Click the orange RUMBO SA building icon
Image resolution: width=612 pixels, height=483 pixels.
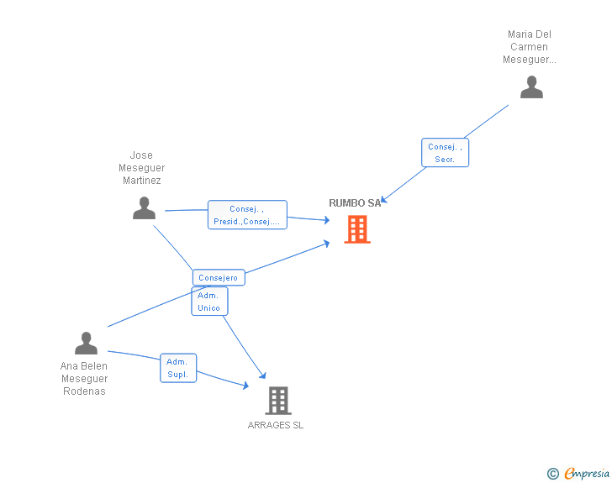tap(357, 229)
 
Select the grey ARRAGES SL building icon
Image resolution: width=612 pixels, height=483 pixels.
tap(278, 401)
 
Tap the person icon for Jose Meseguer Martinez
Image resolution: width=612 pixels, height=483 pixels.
tap(144, 208)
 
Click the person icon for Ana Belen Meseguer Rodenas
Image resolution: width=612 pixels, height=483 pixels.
tap(86, 344)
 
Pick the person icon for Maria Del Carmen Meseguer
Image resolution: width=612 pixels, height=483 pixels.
tap(531, 87)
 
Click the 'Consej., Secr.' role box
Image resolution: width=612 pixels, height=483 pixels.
tap(445, 153)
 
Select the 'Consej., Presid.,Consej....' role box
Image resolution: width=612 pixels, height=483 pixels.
tap(247, 215)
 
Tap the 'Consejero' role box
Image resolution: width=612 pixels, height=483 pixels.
tap(219, 277)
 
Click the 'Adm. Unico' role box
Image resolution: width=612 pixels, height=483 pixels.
tap(209, 302)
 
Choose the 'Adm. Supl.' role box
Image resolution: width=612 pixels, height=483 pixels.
tap(178, 368)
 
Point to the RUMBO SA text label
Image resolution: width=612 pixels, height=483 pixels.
tap(354, 203)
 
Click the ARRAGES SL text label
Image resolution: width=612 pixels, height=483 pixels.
tap(276, 425)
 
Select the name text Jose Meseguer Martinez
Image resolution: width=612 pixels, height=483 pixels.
tap(141, 168)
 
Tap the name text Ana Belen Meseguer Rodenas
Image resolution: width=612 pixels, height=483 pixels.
tap(84, 379)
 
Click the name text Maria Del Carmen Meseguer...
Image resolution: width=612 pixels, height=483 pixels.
tap(530, 47)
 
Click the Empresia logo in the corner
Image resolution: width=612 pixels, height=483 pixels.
tap(587, 474)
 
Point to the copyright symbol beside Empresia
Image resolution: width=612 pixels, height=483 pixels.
tap(552, 475)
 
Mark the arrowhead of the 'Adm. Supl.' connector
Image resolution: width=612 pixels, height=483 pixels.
tap(245, 386)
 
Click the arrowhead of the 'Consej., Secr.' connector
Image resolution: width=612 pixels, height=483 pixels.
tap(382, 200)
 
